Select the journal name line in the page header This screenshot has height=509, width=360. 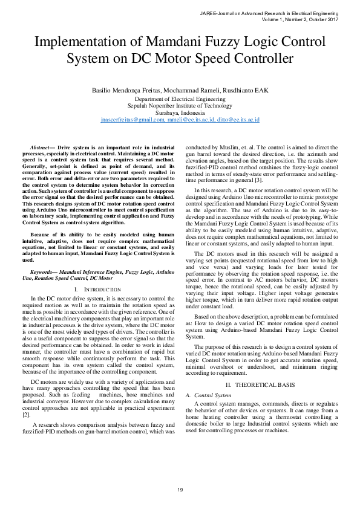275,13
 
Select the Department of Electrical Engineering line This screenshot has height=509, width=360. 180,99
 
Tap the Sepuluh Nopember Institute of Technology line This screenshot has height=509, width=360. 180,106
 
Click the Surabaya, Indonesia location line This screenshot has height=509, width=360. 180,113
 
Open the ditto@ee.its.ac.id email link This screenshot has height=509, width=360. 238,120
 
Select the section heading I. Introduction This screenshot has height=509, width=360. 97,290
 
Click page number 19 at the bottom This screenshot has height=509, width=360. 180,488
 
